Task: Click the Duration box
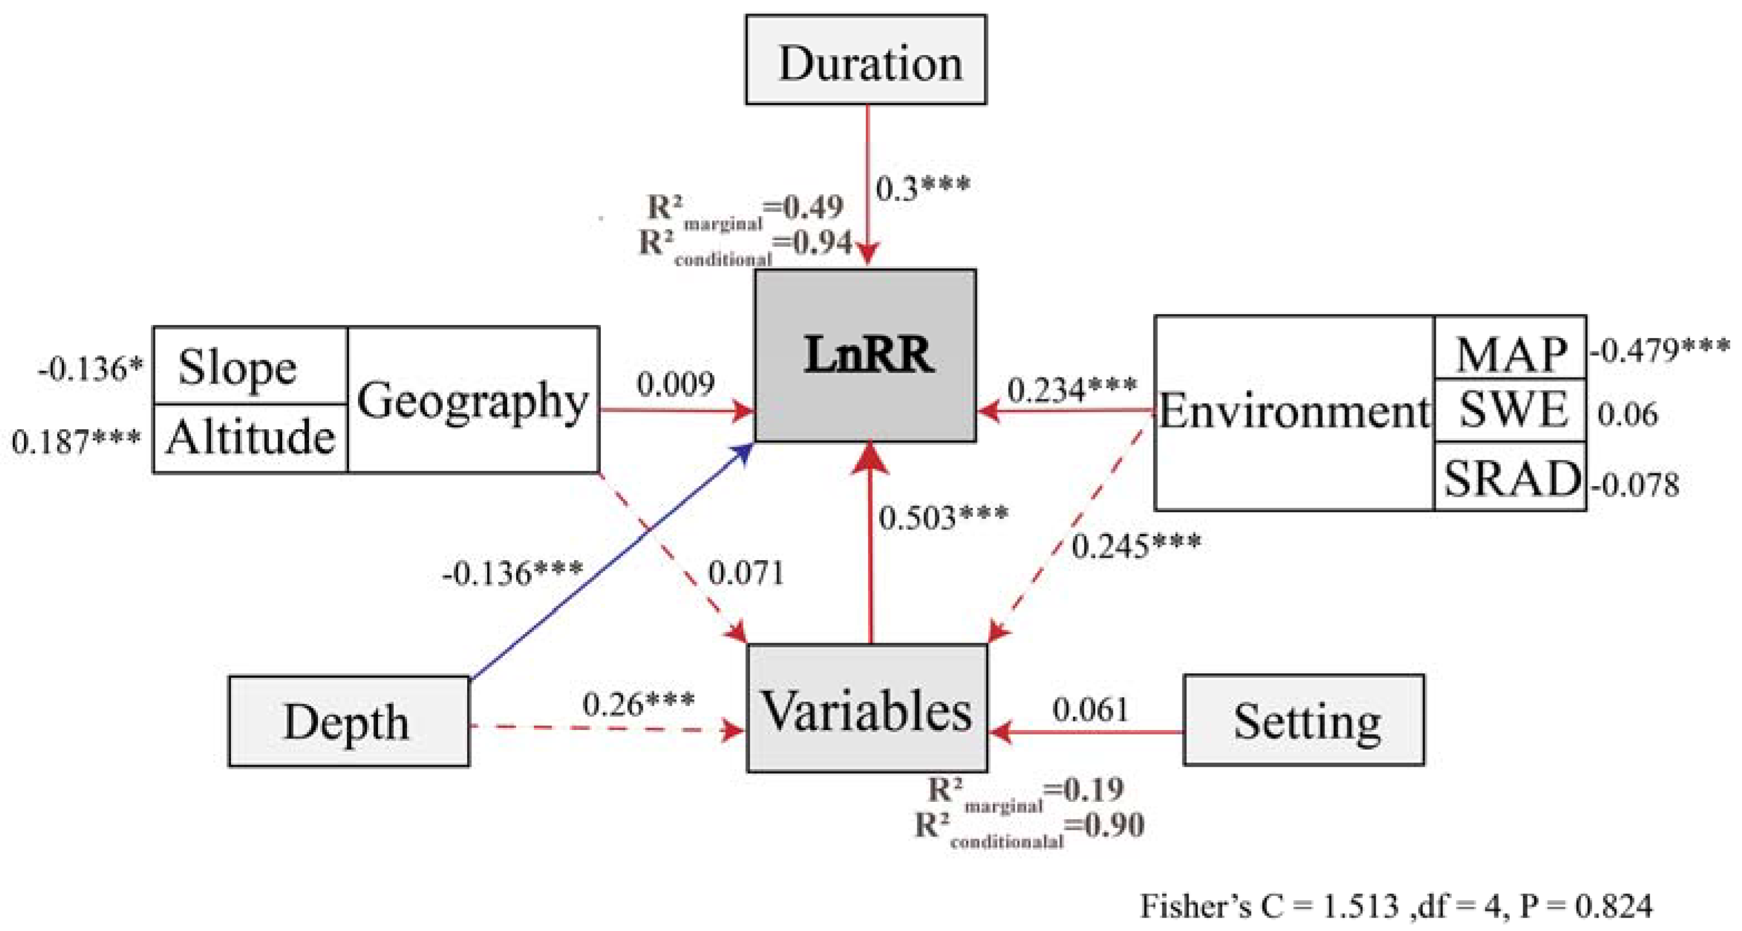point(866,61)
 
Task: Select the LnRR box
point(866,356)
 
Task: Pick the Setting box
point(1303,720)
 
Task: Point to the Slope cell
point(250,366)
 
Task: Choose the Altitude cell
point(250,438)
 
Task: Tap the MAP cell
point(1509,351)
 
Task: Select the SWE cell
point(1509,410)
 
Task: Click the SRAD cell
point(1509,477)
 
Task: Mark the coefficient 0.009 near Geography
point(675,384)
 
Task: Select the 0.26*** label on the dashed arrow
point(637,704)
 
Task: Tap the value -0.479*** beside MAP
point(1659,350)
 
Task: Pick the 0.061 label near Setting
point(1090,709)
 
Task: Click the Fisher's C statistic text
point(1395,905)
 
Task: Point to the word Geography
point(473,400)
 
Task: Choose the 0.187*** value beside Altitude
point(76,441)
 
